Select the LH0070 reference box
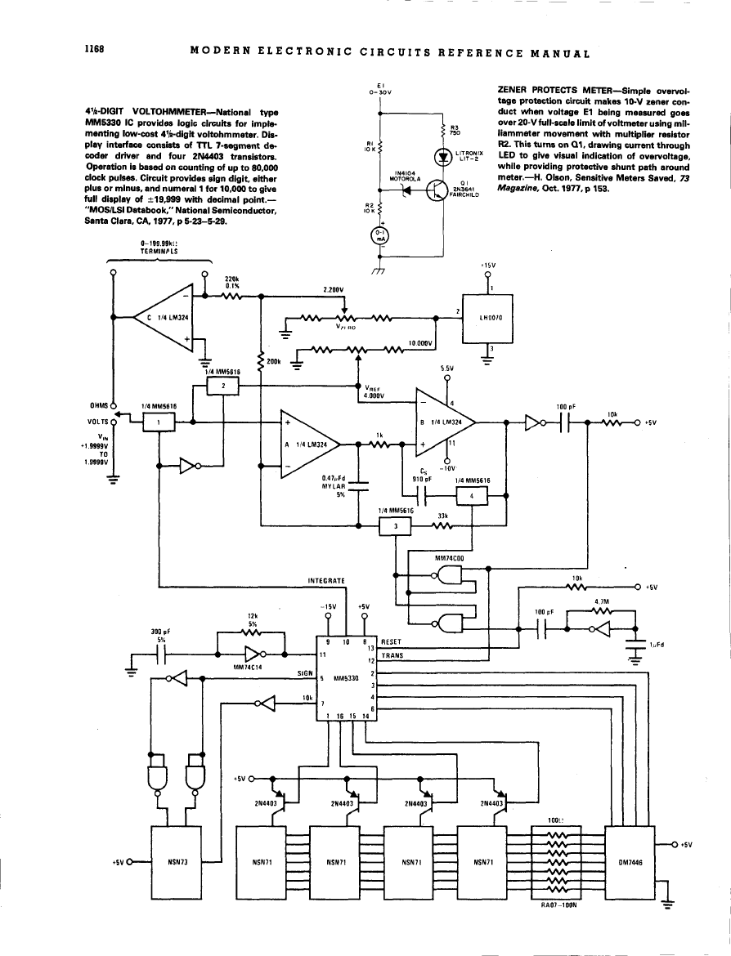(488, 317)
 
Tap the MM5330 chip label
(347, 677)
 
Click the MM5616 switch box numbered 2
(223, 386)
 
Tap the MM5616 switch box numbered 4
(471, 496)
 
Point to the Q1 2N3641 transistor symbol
(437, 190)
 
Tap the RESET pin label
(392, 641)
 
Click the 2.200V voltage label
(334, 289)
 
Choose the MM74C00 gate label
(448, 558)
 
